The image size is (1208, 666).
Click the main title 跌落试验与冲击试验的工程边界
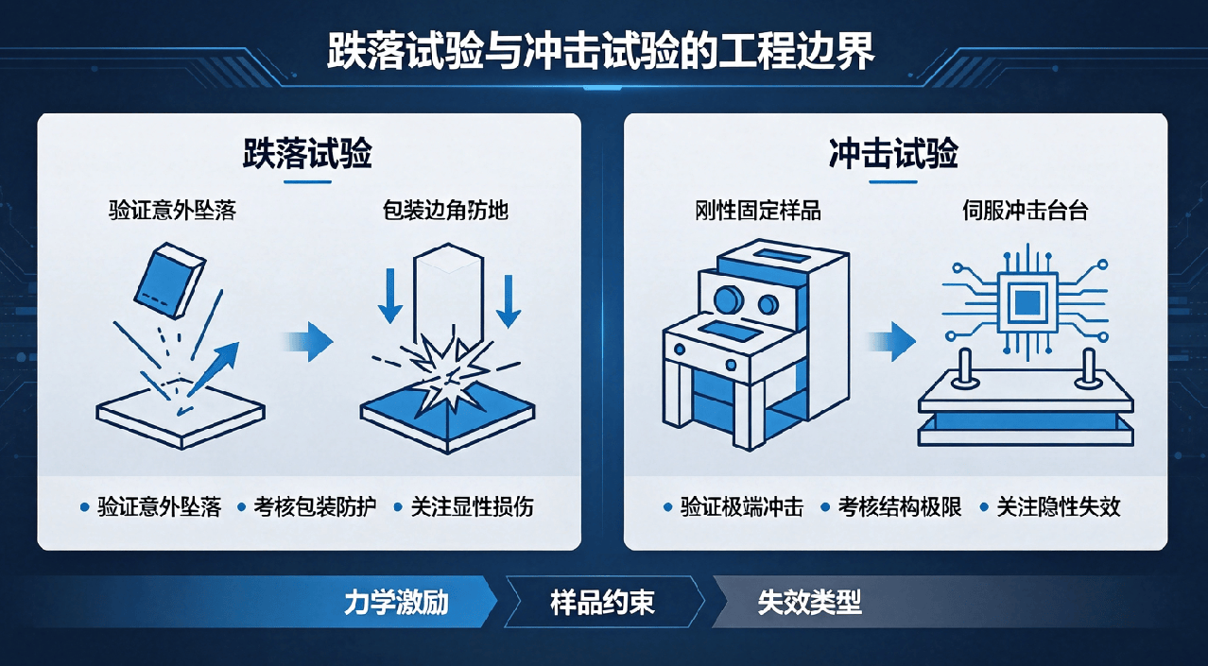tap(600, 52)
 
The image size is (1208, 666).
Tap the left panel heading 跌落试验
tap(307, 153)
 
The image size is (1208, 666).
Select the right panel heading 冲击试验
tap(893, 153)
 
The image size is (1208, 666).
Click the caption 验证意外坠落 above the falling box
tap(173, 210)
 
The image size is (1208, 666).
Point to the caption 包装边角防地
tap(445, 210)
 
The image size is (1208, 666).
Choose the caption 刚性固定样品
tap(758, 210)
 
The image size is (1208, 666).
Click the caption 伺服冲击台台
tap(1026, 210)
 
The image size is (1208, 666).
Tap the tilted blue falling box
tap(169, 281)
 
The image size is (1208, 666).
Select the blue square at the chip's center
tap(1027, 302)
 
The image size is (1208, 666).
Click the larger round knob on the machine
tap(728, 299)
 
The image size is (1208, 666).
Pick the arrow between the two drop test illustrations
tap(308, 341)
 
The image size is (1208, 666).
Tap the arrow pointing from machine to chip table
tap(891, 341)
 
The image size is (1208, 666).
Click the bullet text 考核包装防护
tap(315, 507)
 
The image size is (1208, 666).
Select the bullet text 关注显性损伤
tap(473, 507)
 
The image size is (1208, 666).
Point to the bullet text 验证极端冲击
tap(742, 507)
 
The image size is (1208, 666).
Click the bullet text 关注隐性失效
tap(1059, 507)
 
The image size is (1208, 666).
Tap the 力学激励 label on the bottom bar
tap(396, 603)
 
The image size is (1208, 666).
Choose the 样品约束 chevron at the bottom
tap(604, 602)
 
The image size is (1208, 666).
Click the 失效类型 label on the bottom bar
tap(809, 603)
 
